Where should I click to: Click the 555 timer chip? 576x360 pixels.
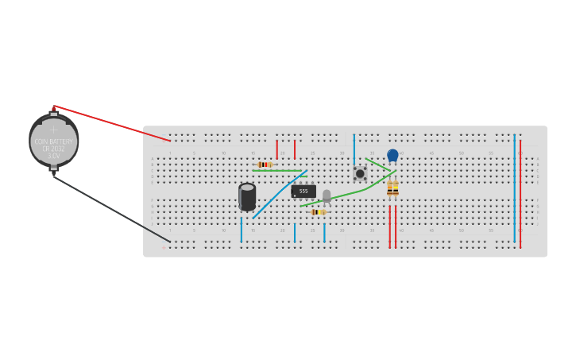(303, 191)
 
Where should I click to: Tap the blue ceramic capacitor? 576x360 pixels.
(392, 155)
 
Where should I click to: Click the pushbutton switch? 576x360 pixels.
(360, 173)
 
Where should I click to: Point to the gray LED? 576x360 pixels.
(327, 195)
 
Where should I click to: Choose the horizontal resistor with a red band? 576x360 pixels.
(265, 165)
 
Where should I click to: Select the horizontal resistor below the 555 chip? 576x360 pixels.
(318, 212)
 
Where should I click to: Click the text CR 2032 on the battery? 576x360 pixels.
(53, 149)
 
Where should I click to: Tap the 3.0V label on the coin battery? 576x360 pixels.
(53, 156)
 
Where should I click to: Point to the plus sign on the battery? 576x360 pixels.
(54, 130)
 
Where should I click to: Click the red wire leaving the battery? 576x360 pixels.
(111, 123)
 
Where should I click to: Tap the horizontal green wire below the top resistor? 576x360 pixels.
(278, 170)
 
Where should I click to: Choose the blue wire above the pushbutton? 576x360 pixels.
(354, 149)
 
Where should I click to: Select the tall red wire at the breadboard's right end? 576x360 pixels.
(520, 191)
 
